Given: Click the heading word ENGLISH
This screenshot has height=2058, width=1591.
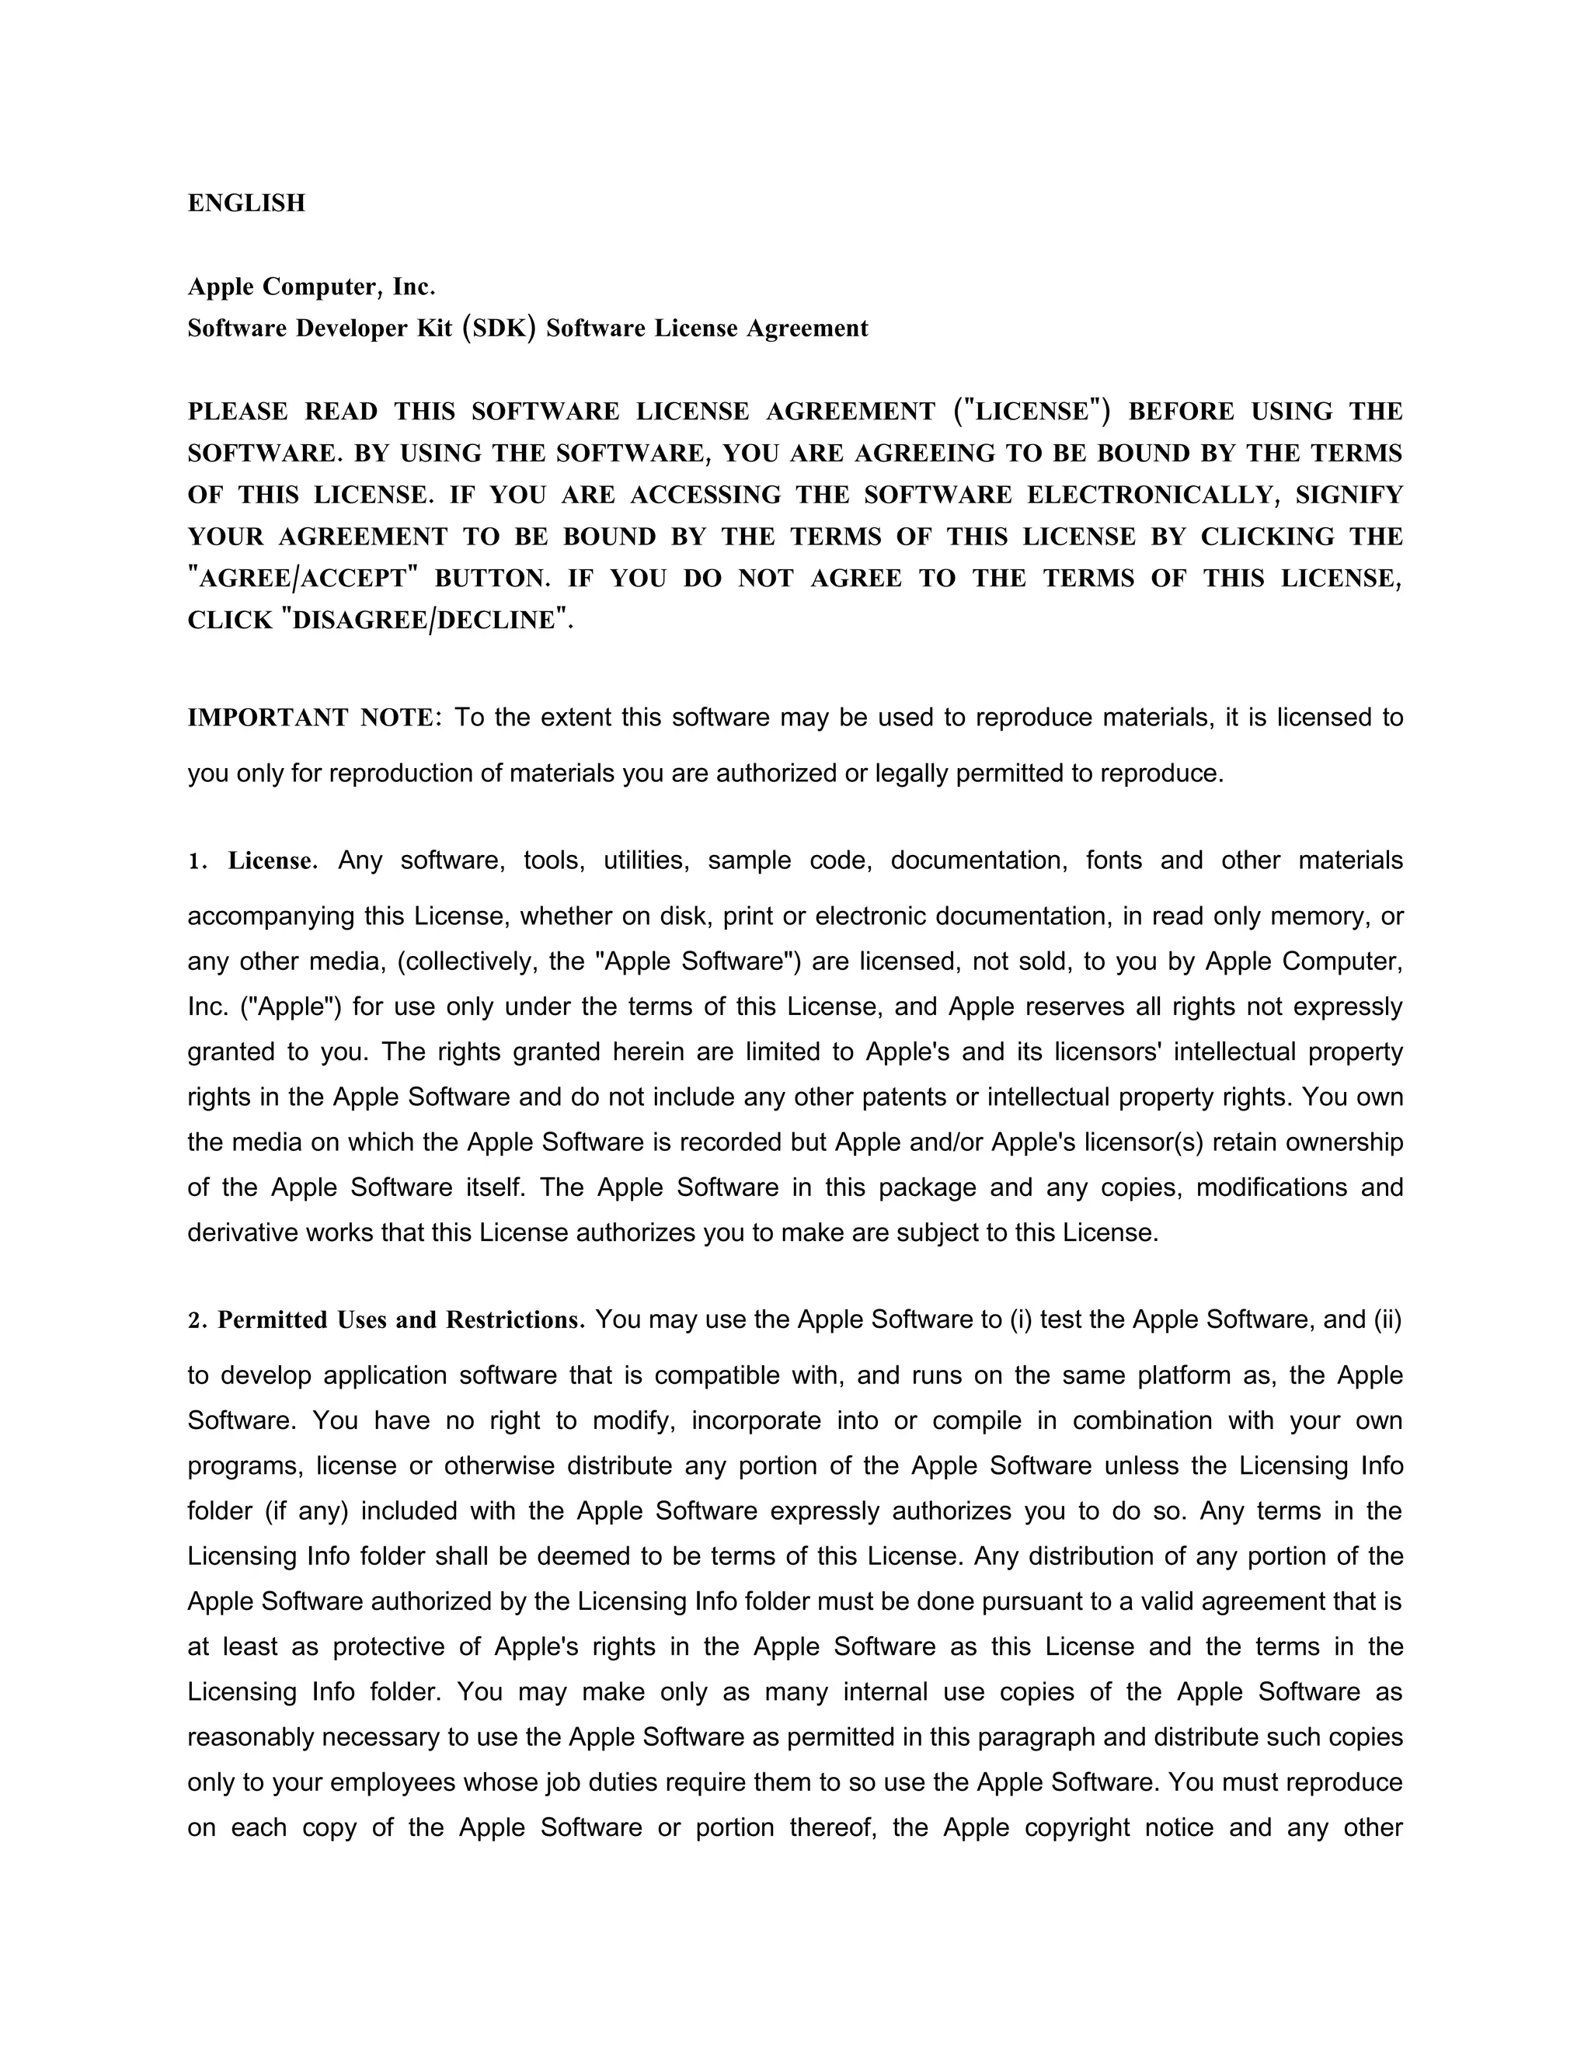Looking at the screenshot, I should [246, 203].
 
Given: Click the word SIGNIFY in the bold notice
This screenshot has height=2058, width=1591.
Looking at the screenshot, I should [1349, 495].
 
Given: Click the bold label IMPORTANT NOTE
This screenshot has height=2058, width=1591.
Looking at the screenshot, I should [311, 718].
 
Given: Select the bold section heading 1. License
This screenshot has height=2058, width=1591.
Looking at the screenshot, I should [252, 861].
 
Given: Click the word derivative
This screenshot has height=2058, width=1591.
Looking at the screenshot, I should [242, 1232].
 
